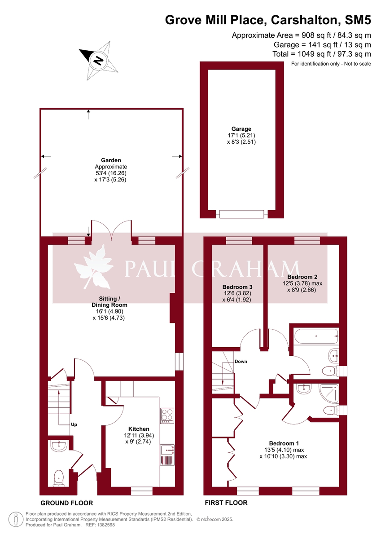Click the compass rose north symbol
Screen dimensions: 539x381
[98, 59]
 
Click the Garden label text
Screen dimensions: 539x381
[111, 160]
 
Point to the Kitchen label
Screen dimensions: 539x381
[139, 429]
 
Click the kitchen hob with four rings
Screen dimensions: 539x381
[167, 415]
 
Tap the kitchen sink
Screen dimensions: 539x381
[167, 449]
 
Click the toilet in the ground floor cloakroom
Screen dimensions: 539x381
[58, 478]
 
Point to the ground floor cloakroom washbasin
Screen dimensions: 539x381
[58, 446]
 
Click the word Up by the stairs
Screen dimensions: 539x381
[74, 424]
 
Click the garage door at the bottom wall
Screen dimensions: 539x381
[241, 214]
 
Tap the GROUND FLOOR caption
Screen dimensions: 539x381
[66, 503]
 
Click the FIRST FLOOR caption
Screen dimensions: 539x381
[226, 503]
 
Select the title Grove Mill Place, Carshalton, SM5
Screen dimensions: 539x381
[268, 20]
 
